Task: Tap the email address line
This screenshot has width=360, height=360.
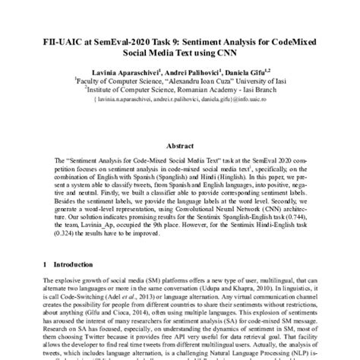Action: (x=179, y=96)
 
